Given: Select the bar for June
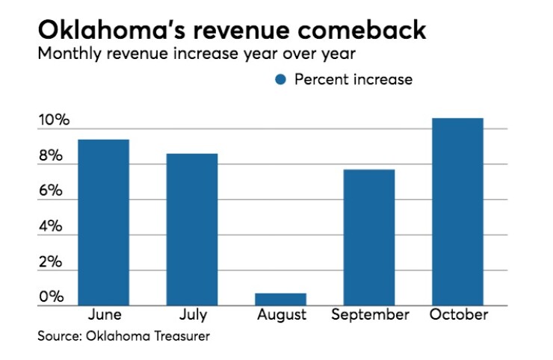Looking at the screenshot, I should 104,223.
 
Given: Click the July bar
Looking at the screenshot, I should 192,229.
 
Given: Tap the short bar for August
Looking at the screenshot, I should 281,300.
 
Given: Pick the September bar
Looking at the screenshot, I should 369,238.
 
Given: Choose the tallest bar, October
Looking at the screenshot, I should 457,212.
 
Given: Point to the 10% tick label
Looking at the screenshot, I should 54,121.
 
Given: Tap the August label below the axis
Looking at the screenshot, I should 282,315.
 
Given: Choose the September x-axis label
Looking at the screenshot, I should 369,315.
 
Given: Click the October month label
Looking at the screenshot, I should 458,314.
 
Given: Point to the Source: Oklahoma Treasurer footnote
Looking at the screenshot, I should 124,337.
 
